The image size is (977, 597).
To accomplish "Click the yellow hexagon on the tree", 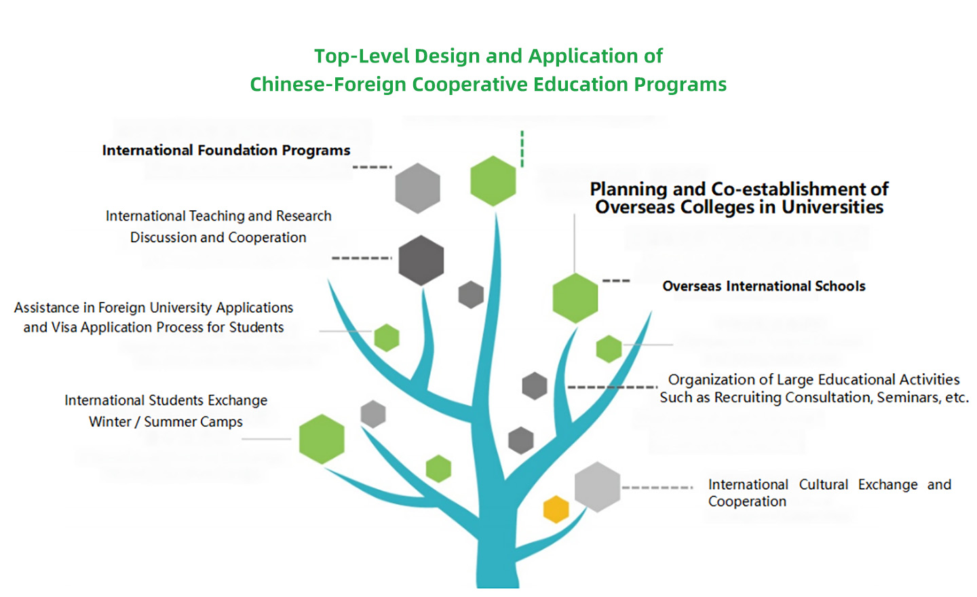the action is pos(556,509).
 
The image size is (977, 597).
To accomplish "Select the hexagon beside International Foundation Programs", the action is pos(417,188).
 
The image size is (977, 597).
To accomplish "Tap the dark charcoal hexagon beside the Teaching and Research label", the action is pos(421,261).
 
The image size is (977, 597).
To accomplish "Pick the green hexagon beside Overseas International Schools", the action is pos(575,298).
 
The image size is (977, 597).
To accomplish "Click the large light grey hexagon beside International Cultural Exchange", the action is pos(597,486).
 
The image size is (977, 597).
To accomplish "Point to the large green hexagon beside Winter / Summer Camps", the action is pos(322,439).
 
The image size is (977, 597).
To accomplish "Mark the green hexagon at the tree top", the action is pos(493,180).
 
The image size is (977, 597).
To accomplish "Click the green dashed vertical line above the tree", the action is pos(522,149).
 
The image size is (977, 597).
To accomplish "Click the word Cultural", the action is pos(824,484).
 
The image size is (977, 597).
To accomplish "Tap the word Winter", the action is pos(110,422).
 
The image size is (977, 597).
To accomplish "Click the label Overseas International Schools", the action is pos(764,286).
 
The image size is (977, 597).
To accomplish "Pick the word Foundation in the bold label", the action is pos(237,150).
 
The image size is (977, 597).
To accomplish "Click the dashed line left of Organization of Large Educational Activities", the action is pos(613,387).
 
